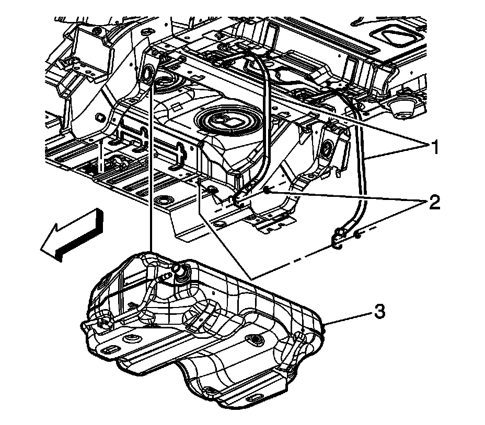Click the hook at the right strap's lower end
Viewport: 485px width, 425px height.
[x=337, y=240]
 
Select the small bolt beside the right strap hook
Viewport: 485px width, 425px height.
[x=357, y=235]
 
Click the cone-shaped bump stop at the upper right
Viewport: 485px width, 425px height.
[x=401, y=107]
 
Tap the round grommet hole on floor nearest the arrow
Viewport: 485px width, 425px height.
[x=167, y=200]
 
